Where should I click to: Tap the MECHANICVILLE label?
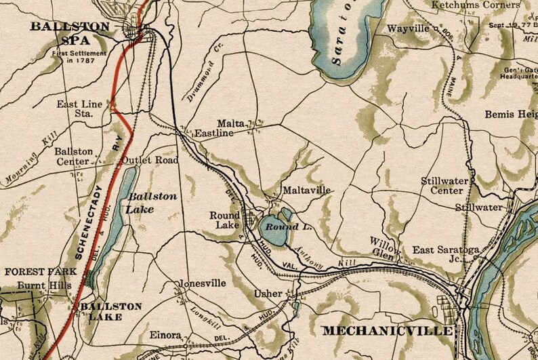387,331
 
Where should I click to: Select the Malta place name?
230,123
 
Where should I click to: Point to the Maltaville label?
307,191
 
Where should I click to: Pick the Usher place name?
265,294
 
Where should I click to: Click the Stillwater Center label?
442,186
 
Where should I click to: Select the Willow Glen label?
384,247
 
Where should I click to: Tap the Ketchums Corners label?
474,5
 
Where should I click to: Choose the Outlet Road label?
150,161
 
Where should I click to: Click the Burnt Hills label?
44,285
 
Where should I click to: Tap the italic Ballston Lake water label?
152,203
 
